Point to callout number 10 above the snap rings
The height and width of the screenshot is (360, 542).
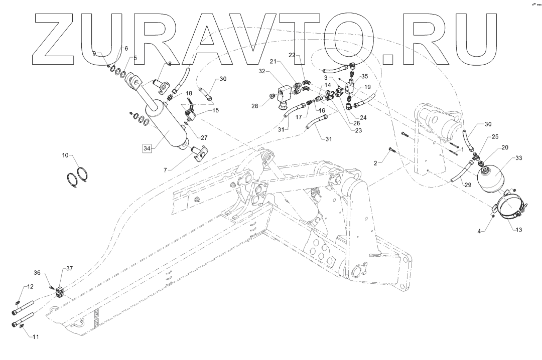coord(66,155)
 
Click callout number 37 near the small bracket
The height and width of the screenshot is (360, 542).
coord(69,269)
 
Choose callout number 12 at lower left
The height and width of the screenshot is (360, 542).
coord(30,287)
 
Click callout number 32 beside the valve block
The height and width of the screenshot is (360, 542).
coord(262,71)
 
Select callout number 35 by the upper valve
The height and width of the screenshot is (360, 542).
coord(365,77)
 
